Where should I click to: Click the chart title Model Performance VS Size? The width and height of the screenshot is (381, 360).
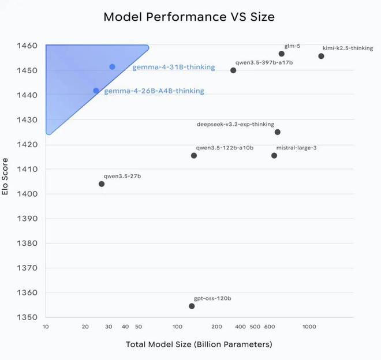click(189, 17)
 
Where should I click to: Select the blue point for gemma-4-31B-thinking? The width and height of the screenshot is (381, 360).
click(112, 67)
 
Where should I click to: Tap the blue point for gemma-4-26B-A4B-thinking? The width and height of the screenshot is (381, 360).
click(96, 91)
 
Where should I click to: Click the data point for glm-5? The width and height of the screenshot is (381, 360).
click(282, 54)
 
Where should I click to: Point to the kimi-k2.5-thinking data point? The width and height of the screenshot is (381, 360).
click(321, 56)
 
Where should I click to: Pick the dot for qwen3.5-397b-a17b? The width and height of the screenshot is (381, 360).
click(233, 70)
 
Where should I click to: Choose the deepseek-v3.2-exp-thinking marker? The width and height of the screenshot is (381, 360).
click(278, 132)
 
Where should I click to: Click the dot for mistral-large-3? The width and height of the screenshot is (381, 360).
click(274, 156)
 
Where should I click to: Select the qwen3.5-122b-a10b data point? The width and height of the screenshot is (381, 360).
click(194, 156)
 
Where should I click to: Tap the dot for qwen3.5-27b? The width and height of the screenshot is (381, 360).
click(102, 184)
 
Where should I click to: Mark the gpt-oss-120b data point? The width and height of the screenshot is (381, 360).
click(192, 306)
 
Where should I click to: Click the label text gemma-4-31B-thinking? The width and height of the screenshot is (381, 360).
click(173, 67)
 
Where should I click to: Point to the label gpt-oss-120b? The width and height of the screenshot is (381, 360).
click(212, 298)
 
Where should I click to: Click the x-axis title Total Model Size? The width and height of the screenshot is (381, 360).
click(199, 344)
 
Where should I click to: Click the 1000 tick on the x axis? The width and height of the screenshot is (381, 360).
click(309, 327)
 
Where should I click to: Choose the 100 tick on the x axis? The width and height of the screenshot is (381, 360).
click(178, 327)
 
